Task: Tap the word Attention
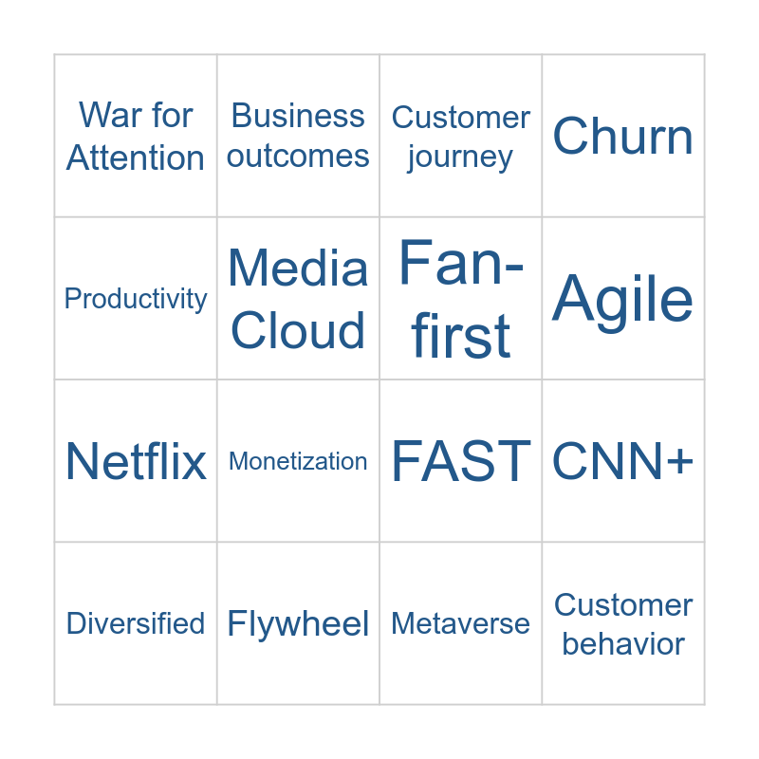pyautogui.click(x=136, y=157)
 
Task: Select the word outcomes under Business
pyautogui.click(x=298, y=157)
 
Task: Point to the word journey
pyautogui.click(x=460, y=157)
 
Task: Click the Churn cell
pyautogui.click(x=623, y=137)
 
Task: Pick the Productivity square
pyautogui.click(x=136, y=299)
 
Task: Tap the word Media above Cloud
pyautogui.click(x=298, y=268)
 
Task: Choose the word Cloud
pyautogui.click(x=298, y=331)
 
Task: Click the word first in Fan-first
pyautogui.click(x=461, y=336)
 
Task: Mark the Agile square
pyautogui.click(x=623, y=299)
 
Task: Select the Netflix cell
pyautogui.click(x=136, y=462)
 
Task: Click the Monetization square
pyautogui.click(x=298, y=462)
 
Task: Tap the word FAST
pyautogui.click(x=461, y=462)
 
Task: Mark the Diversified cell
pyautogui.click(x=136, y=624)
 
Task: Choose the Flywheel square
pyautogui.click(x=298, y=624)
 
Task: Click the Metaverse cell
pyautogui.click(x=461, y=624)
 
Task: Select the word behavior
pyautogui.click(x=623, y=644)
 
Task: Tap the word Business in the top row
pyautogui.click(x=298, y=116)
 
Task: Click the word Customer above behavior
pyautogui.click(x=623, y=605)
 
